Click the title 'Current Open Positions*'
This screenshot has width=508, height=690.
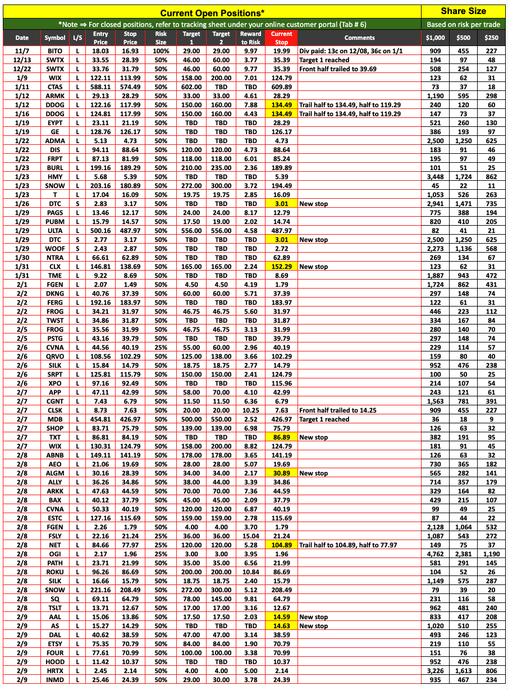pyautogui.click(x=212, y=13)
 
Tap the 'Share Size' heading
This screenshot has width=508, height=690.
pyautogui.click(x=464, y=11)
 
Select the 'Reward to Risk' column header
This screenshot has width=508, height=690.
pyautogui.click(x=251, y=38)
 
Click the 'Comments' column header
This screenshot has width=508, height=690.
pyautogui.click(x=360, y=38)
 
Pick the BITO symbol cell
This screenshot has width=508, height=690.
pyautogui.click(x=55, y=51)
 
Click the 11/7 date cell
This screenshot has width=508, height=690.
pyautogui.click(x=22, y=51)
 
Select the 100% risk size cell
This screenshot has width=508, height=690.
pyautogui.click(x=161, y=51)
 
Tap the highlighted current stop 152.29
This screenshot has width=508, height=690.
pyautogui.click(x=281, y=267)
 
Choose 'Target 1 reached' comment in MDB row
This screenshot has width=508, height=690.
pyautogui.click(x=324, y=419)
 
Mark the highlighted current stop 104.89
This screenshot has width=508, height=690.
pyautogui.click(x=281, y=545)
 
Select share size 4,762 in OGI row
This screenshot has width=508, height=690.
pyautogui.click(x=436, y=554)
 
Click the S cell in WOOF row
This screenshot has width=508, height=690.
pyautogui.click(x=76, y=249)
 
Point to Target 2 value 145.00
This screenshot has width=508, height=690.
pyautogui.click(x=221, y=599)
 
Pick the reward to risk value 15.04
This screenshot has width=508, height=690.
pyautogui.click(x=251, y=536)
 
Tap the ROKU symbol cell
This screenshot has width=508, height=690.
pyautogui.click(x=55, y=572)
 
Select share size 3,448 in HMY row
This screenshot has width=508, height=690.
pyautogui.click(x=436, y=177)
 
